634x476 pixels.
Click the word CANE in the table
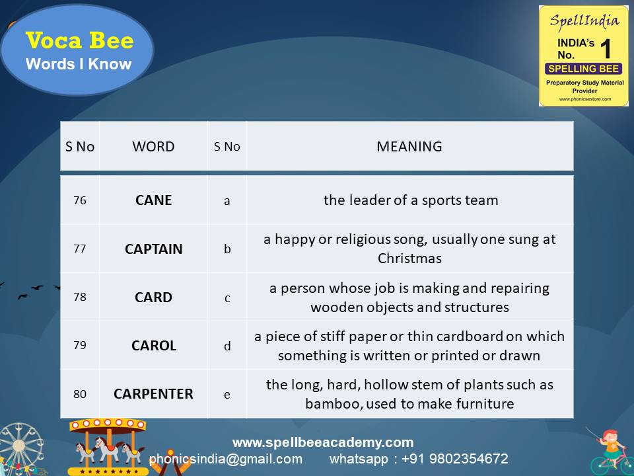pos(153,200)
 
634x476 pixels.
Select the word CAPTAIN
pos(153,249)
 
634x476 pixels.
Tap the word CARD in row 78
pos(153,297)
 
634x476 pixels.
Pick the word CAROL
pos(154,346)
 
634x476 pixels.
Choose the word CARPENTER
pos(153,394)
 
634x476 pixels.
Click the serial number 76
pos(80,200)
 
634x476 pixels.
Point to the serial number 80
pos(80,394)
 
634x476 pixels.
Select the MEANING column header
pos(409,147)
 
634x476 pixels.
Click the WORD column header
pos(153,147)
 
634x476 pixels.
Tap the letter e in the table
pos(227,395)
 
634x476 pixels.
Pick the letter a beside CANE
pos(227,201)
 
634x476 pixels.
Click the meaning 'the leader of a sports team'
pos(411,200)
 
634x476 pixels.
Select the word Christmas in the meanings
pos(409,258)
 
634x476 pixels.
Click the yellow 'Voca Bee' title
pos(79,40)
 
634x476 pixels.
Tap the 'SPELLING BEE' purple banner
pos(583,69)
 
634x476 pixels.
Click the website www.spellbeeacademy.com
pos(323,442)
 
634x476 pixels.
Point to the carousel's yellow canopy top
pos(108,425)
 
